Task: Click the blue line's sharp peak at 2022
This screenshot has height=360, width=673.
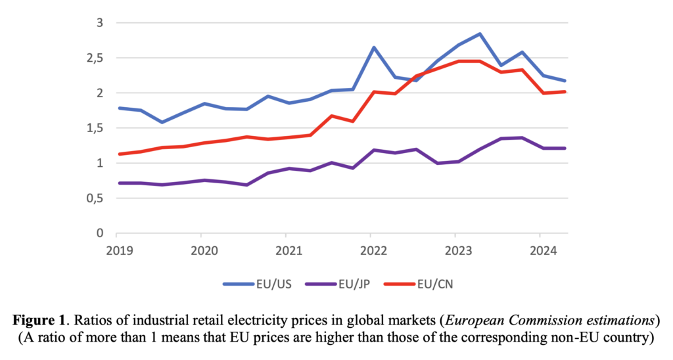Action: click(373, 47)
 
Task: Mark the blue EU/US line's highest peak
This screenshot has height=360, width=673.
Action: click(480, 34)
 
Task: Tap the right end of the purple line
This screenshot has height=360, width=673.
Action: click(565, 148)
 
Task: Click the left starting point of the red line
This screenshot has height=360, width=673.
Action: click(118, 154)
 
